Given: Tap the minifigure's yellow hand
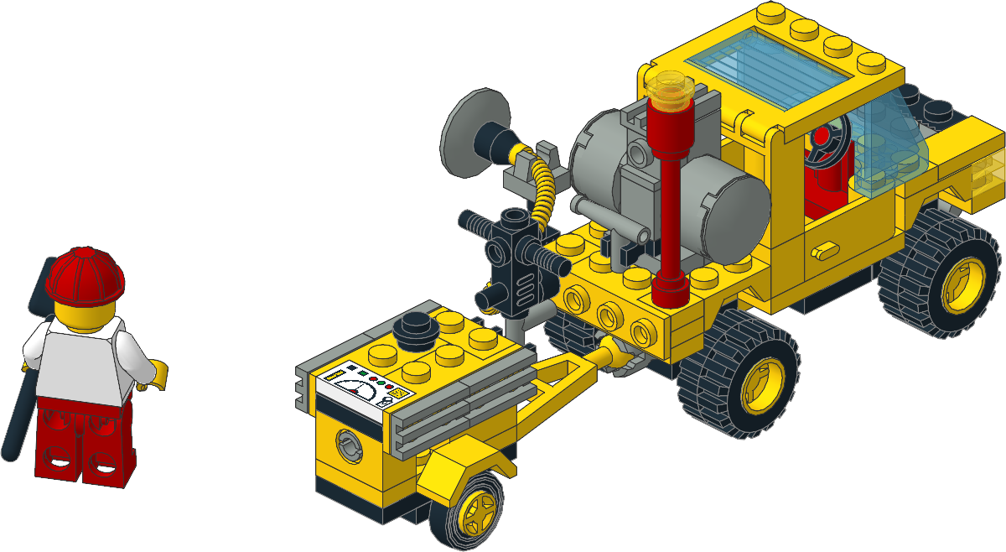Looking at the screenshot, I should (157, 373).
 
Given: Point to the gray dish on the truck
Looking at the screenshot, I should (474, 134).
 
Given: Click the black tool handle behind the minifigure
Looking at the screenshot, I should (18, 411).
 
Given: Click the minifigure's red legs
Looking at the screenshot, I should (84, 440).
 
